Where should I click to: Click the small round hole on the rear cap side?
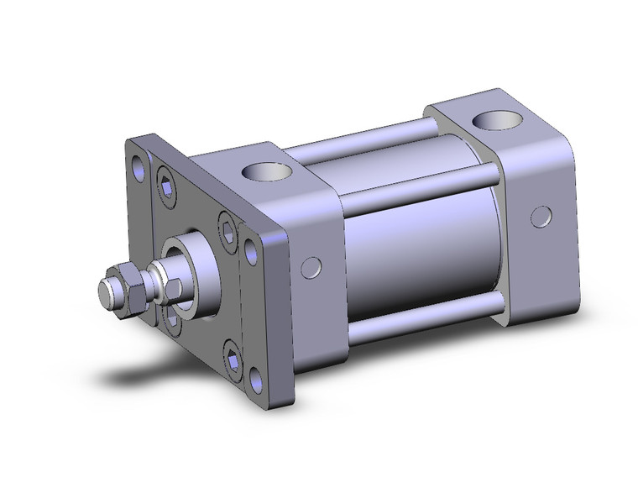541,217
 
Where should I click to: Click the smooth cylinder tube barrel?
420,244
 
